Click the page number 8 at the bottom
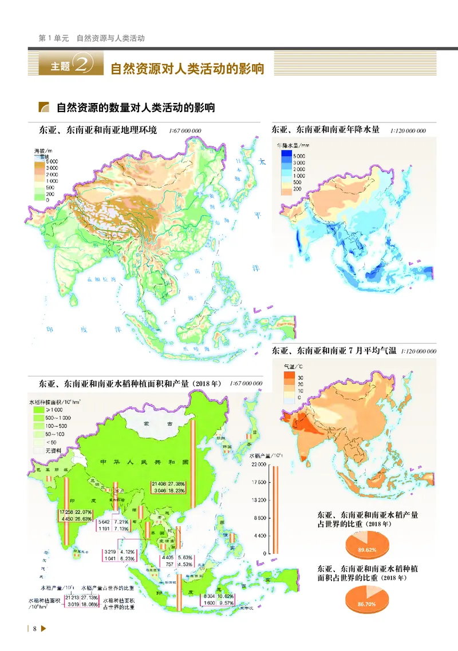[35, 629]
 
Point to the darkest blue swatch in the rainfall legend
[285, 155]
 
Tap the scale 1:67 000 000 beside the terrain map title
[185, 130]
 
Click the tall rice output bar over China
[194, 463]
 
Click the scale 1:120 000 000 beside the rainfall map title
[408, 130]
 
